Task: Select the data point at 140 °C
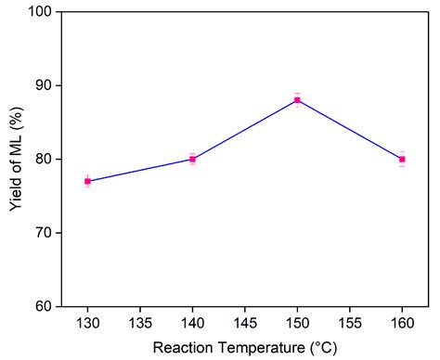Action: coord(192,159)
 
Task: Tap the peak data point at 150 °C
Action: coord(297,100)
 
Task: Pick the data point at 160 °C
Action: coord(402,159)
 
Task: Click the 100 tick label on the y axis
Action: coord(40,12)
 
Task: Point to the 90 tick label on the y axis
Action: coord(44,85)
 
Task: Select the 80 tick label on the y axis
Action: coord(44,159)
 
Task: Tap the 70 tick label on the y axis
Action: coord(44,232)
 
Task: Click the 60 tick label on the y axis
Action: coord(44,306)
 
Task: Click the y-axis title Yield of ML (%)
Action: coord(16,160)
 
